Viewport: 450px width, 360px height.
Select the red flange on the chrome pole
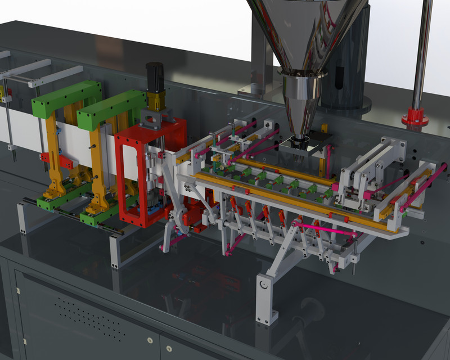[415, 119]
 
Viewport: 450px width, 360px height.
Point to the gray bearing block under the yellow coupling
[154, 119]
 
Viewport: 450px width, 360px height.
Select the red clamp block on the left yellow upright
[64, 163]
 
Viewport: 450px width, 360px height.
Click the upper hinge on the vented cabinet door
[17, 291]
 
